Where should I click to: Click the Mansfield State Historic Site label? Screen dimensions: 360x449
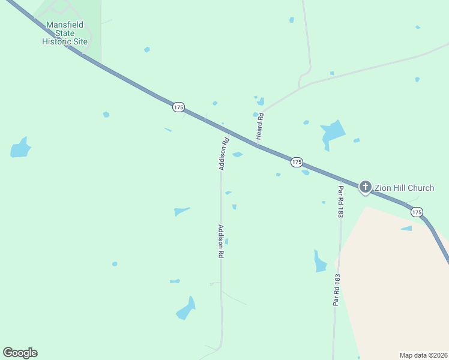click(x=64, y=33)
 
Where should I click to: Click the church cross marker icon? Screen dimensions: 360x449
click(x=365, y=187)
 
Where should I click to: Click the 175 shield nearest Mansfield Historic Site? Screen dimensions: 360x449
click(x=178, y=107)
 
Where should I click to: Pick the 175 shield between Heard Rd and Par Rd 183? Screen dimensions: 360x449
click(x=297, y=163)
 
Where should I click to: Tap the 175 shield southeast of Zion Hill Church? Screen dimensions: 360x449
click(x=417, y=212)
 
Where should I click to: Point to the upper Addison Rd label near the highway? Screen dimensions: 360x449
click(x=224, y=154)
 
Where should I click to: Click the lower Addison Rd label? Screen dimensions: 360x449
click(x=221, y=241)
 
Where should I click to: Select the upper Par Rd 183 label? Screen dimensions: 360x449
click(x=340, y=201)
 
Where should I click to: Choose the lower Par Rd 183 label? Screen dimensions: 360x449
click(x=337, y=290)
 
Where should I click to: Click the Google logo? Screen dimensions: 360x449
click(x=20, y=353)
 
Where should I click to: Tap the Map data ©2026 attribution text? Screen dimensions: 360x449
click(x=423, y=355)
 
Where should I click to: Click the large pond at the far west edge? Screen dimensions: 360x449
click(x=20, y=148)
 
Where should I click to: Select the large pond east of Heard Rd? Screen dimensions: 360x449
click(x=332, y=133)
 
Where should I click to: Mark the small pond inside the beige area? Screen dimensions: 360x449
click(x=407, y=228)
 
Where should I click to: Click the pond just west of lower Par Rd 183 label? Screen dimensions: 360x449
click(x=320, y=262)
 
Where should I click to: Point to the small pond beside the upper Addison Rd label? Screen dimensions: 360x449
click(x=238, y=155)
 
